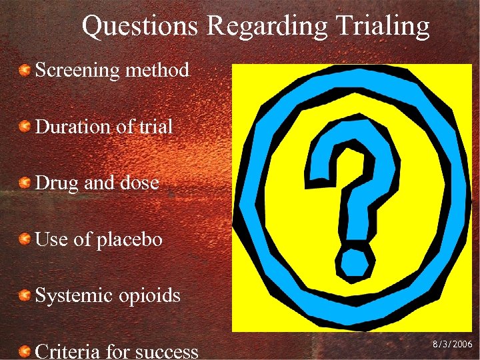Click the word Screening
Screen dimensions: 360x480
(76, 70)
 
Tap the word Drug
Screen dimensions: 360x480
(55, 183)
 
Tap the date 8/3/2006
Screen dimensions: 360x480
(451, 345)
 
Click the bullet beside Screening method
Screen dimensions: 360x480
(24, 70)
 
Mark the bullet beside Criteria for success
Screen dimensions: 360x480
(24, 351)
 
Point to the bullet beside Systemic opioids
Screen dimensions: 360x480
(24, 295)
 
